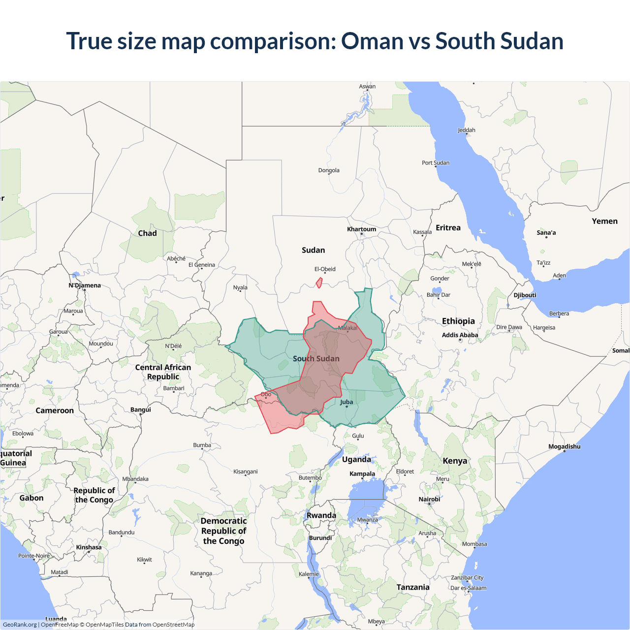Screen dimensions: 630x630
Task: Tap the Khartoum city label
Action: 361,229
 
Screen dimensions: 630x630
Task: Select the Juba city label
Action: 346,402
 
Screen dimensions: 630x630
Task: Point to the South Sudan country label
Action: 316,359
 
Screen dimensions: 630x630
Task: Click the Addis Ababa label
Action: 460,335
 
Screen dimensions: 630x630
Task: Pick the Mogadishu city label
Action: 564,447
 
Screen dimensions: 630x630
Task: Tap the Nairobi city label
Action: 429,499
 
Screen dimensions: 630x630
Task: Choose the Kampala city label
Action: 362,474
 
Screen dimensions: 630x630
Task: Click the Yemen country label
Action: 604,221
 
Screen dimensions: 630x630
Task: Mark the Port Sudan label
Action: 435,163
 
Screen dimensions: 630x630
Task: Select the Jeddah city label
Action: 466,130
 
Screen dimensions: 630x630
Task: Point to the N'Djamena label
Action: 85,285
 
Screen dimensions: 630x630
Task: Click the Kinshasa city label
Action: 89,547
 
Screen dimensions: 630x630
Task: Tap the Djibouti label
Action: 525,295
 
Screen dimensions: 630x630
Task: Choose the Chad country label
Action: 147,233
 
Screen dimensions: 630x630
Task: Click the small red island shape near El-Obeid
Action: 319,283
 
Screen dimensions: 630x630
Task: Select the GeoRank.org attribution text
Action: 20,625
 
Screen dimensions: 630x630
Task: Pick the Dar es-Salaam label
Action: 468,588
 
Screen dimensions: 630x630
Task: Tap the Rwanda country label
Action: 321,516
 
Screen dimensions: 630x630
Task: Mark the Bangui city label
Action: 141,409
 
